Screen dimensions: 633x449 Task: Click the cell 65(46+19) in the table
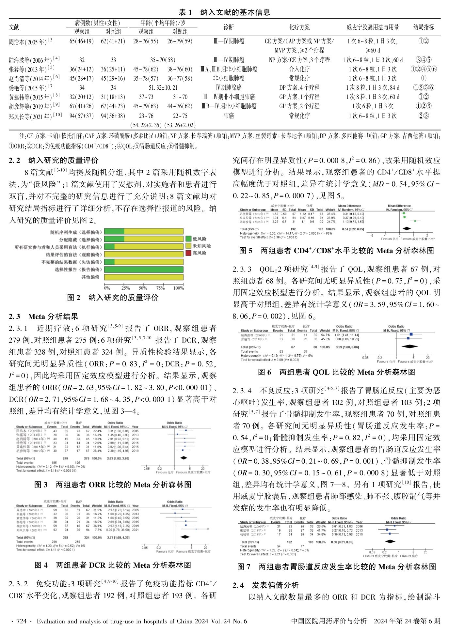click(82, 41)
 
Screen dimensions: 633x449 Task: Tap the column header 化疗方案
click(299, 27)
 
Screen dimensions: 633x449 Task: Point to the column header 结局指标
click(424, 27)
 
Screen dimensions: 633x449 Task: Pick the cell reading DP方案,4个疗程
click(299, 88)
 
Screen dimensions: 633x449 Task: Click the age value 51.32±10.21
click(163, 88)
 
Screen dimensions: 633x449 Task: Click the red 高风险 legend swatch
click(188, 253)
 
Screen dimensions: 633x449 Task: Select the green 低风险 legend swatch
click(188, 239)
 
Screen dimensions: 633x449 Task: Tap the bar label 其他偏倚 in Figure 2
click(90, 277)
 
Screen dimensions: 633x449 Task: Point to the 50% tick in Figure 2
click(143, 288)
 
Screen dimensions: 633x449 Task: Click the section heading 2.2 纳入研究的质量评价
click(54, 161)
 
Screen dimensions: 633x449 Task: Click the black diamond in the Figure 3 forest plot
click(184, 458)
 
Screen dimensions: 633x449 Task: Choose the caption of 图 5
click(336, 251)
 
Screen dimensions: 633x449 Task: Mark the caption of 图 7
click(336, 567)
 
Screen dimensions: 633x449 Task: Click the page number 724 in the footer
click(21, 621)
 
